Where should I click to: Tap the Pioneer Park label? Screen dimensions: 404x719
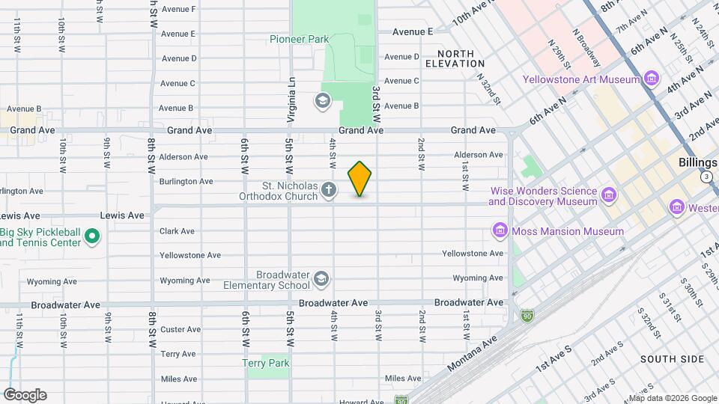point(299,38)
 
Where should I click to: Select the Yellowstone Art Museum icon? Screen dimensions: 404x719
point(651,79)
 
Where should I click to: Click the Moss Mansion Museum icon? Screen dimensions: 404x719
point(500,231)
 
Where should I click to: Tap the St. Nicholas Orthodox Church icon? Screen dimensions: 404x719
point(328,192)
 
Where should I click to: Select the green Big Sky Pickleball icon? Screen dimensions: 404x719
point(92,237)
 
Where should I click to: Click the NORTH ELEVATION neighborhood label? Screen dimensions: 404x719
point(455,58)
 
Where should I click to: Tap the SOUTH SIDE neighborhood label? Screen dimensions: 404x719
point(669,359)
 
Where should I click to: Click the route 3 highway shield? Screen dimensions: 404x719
point(706,177)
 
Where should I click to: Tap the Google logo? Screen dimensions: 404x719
point(25,394)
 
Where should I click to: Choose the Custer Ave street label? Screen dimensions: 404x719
point(180,329)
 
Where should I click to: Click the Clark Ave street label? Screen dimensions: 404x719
point(177,231)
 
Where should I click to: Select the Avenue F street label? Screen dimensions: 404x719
point(178,9)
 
